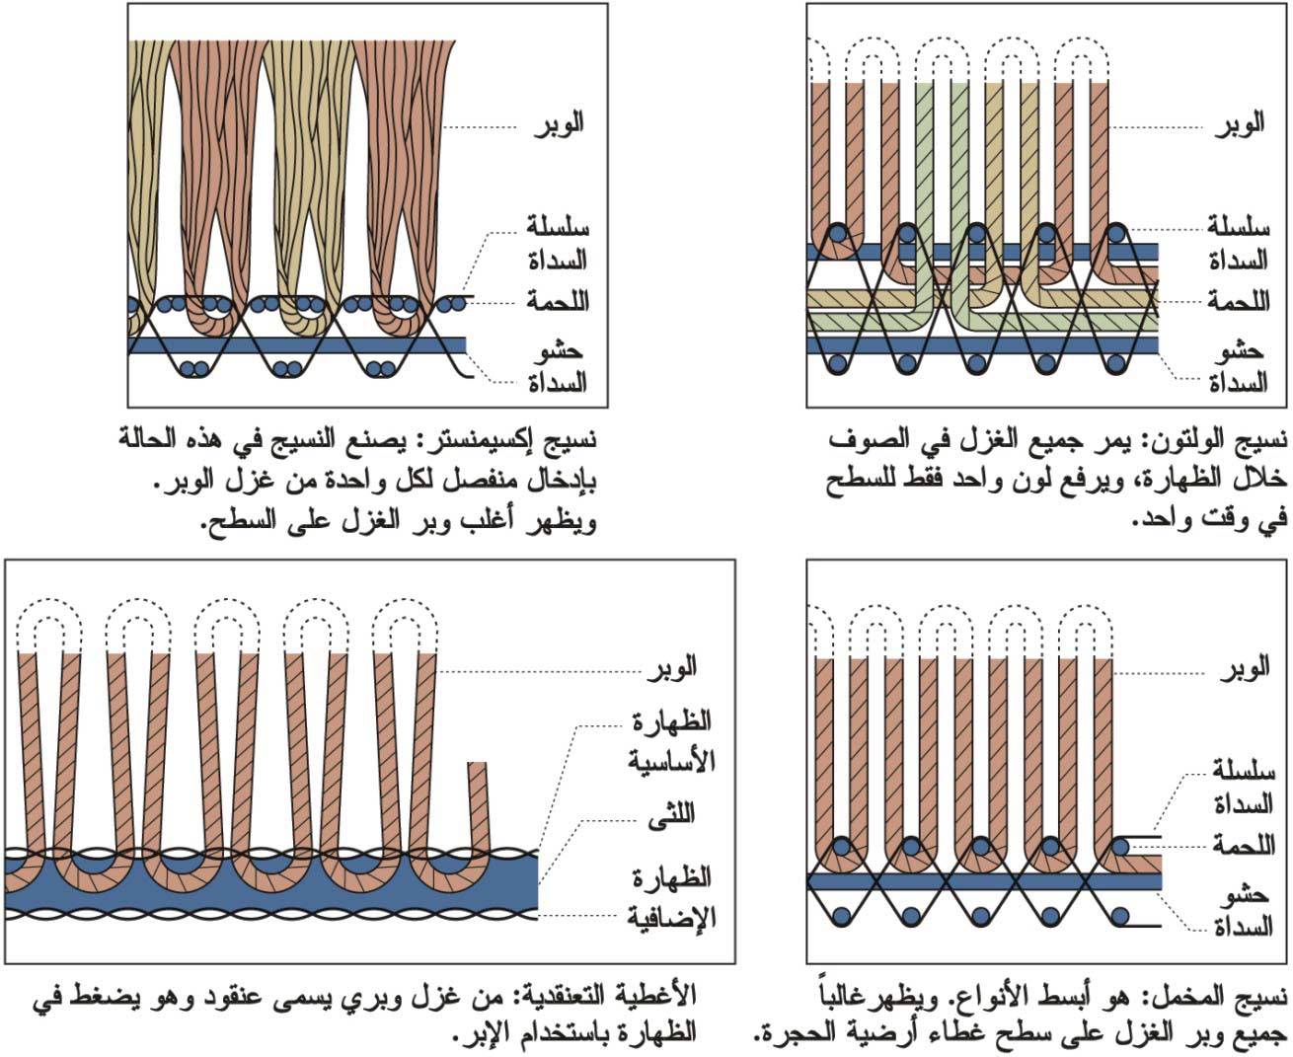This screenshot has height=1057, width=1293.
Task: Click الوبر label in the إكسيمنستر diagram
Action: point(558,124)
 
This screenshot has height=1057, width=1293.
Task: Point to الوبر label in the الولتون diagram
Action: point(1240,124)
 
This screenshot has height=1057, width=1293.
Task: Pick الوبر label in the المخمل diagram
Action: point(1245,668)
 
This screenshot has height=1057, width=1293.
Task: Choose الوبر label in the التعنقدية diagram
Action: point(672,666)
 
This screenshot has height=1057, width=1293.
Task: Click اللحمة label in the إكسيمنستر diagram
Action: point(558,301)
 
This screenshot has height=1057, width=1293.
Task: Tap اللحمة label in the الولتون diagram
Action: point(1239,301)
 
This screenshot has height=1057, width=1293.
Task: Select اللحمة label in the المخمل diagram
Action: point(1244,845)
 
